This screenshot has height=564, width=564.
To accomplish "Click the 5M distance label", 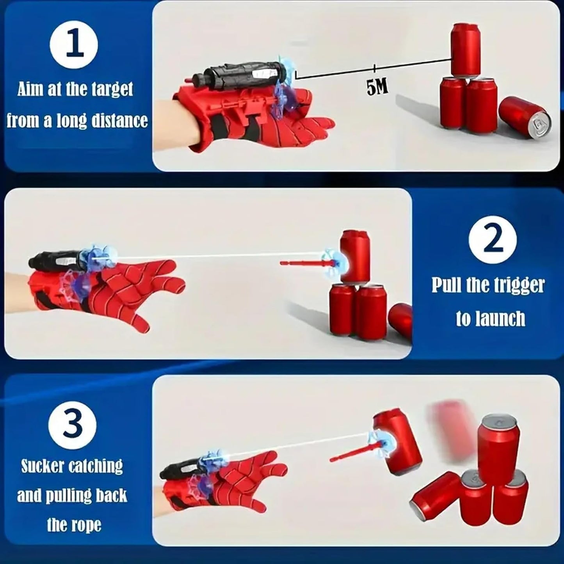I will pos(377,87).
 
